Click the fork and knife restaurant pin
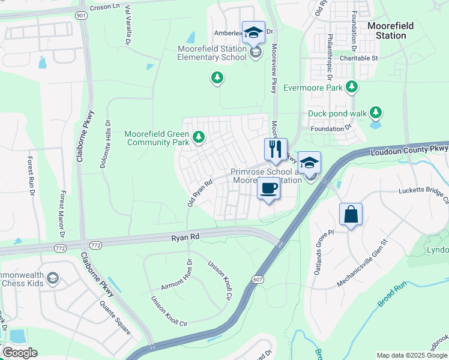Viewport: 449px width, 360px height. [276, 149]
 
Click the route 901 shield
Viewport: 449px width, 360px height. [81, 14]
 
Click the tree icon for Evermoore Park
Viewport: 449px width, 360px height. [352, 88]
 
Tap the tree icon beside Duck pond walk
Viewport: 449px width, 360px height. [376, 112]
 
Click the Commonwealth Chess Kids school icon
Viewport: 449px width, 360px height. [53, 278]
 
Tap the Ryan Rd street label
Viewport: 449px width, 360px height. [185, 238]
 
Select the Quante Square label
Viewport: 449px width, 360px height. [116, 317]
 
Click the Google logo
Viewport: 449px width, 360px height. [20, 353]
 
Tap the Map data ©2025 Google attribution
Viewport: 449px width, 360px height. [412, 355]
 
